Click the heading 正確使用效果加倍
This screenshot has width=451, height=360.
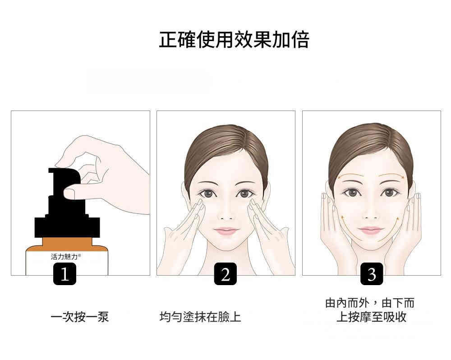point(234,40)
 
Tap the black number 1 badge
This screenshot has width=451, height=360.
point(64,274)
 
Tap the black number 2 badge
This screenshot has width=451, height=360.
point(225,274)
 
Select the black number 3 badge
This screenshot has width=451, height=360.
point(372,274)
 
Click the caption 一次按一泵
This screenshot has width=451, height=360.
point(80,317)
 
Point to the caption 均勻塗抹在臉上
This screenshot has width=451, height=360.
point(200,317)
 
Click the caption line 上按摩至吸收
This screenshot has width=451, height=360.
point(371,317)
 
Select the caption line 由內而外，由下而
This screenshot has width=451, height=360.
point(370,303)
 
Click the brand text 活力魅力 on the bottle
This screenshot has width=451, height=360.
point(64,257)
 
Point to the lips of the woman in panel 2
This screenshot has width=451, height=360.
point(226,231)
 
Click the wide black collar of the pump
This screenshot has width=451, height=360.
point(67,227)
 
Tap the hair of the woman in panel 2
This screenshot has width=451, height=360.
point(226,150)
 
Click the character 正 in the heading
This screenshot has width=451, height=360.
point(168,40)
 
